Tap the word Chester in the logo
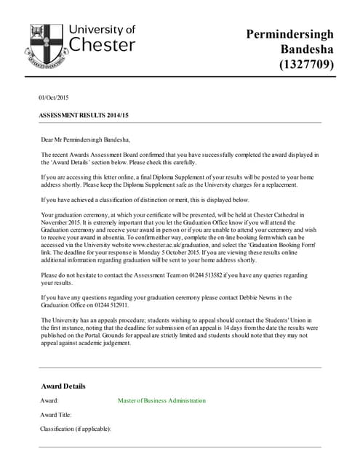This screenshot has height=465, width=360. coord(102,45)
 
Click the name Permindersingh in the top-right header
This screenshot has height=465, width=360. coord(289,34)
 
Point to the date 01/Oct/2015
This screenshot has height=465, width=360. coord(53,97)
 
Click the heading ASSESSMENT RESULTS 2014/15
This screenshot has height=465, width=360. coord(83,116)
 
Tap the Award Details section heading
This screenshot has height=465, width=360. coord(63,386)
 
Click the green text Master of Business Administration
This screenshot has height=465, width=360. coord(161,401)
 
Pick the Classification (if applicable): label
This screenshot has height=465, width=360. coord(76,429)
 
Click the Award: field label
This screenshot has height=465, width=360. coord(50,401)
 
